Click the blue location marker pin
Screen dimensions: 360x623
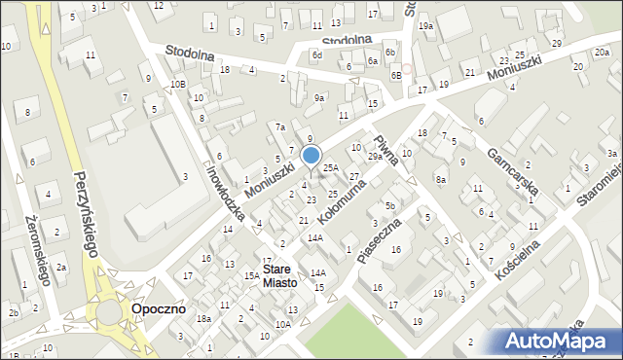[311, 156]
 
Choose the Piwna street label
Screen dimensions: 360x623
[388, 146]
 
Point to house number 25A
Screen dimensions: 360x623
[331, 168]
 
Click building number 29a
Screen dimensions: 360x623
[375, 157]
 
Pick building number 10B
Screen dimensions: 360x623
[177, 85]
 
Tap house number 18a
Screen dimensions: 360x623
[203, 319]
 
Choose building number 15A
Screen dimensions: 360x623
[251, 276]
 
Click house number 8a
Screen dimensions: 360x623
[441, 179]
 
